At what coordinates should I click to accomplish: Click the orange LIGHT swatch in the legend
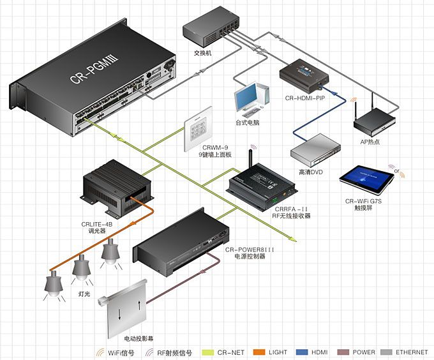257,352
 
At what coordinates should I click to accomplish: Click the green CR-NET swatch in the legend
207,352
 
